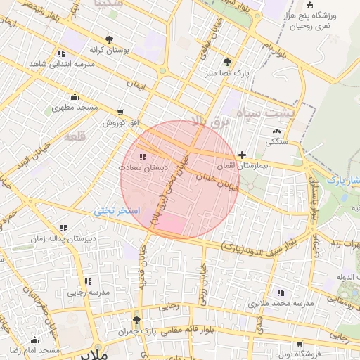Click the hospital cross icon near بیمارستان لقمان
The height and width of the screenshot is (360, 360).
(x=243, y=155)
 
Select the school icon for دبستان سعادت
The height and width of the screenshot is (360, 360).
(x=143, y=157)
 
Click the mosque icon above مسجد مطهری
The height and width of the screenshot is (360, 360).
(x=75, y=97)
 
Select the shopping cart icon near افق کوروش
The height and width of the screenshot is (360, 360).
(x=121, y=112)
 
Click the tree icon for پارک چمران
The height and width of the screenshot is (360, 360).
(x=137, y=319)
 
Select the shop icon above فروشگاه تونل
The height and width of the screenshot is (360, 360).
(x=301, y=344)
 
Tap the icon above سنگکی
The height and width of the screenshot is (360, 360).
(x=276, y=131)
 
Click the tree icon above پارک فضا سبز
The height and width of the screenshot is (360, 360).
(x=227, y=61)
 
